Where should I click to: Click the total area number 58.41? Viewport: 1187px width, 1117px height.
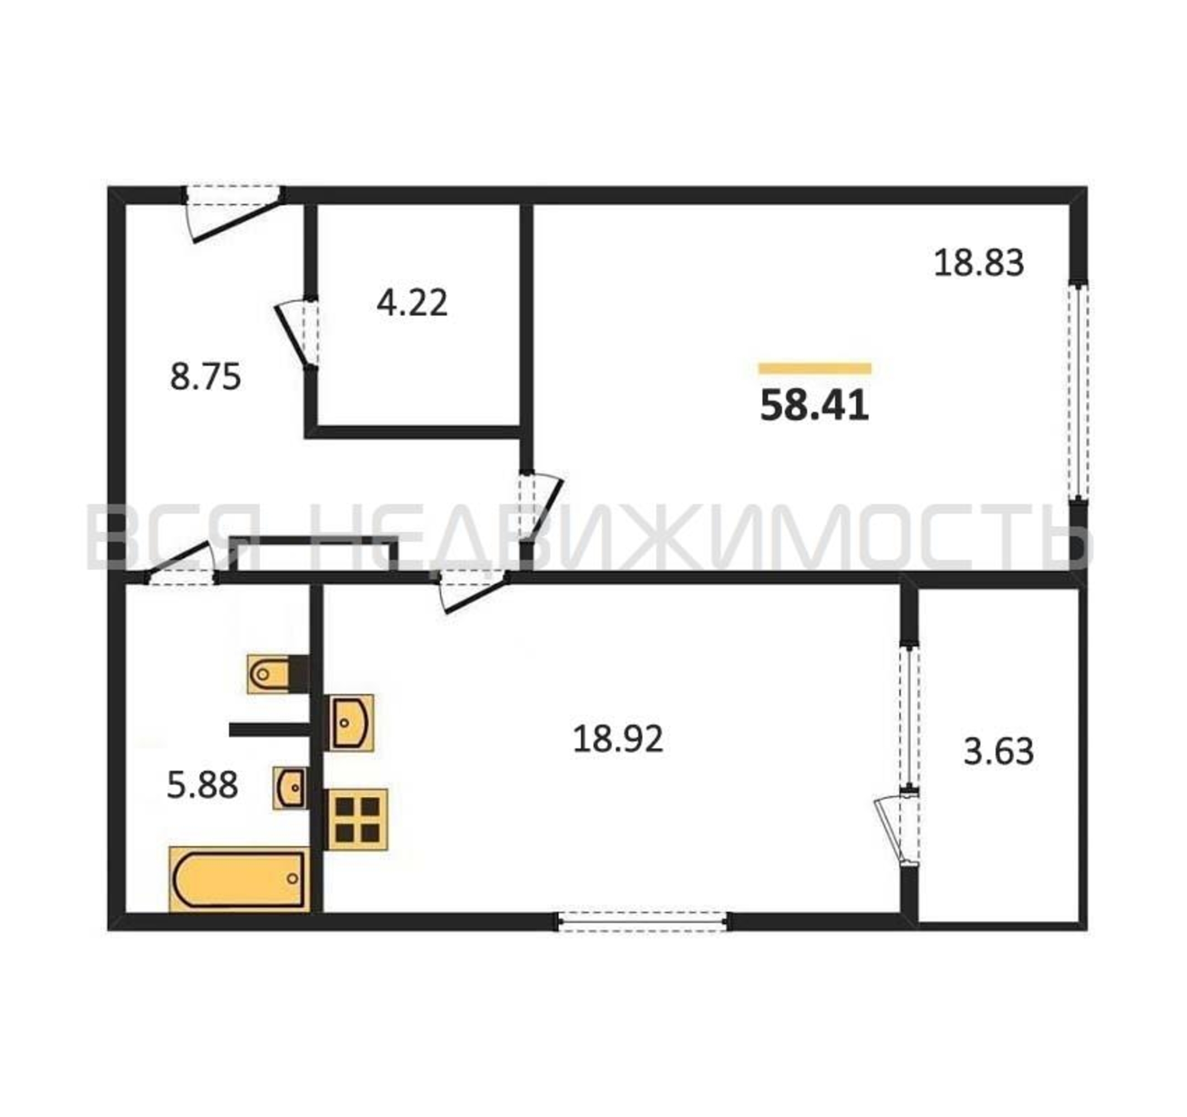click(814, 406)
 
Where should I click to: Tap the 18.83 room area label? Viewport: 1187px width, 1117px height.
click(979, 262)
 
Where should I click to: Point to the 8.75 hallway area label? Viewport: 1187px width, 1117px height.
click(206, 377)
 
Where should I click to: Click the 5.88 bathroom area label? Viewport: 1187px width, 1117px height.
click(202, 785)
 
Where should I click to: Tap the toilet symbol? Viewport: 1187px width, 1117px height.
click(278, 674)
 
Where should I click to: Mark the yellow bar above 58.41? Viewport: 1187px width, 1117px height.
click(815, 369)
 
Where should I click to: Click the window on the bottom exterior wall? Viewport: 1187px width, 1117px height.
click(643, 921)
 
